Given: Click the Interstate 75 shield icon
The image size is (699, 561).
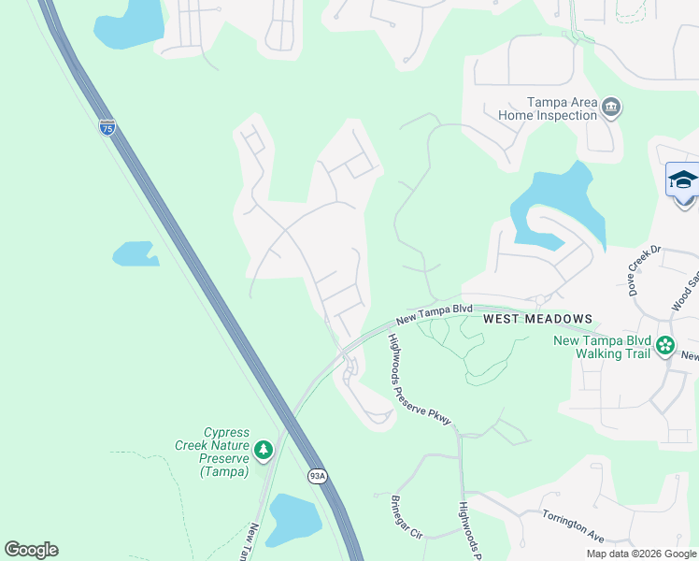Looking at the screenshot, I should pos(107,127).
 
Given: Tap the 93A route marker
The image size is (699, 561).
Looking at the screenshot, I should pos(319,476).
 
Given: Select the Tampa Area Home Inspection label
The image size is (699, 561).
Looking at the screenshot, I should pos(548,108).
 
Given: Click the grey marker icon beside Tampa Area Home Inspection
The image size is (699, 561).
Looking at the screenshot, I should pos(611,108).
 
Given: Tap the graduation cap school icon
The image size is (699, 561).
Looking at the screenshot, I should pos(683,179).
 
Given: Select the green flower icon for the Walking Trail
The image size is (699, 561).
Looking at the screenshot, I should pos(665,346).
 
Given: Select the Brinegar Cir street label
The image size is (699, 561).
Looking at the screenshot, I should pos(407,516).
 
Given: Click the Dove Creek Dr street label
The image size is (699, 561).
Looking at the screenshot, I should pos(644,264).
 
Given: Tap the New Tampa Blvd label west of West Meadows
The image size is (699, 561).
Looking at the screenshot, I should pos(434,314).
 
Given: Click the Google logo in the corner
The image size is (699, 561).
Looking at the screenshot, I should pos(31,550).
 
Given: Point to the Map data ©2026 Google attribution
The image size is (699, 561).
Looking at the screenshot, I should pos(641,554).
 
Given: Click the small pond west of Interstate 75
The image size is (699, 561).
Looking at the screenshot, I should pos(135,253).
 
